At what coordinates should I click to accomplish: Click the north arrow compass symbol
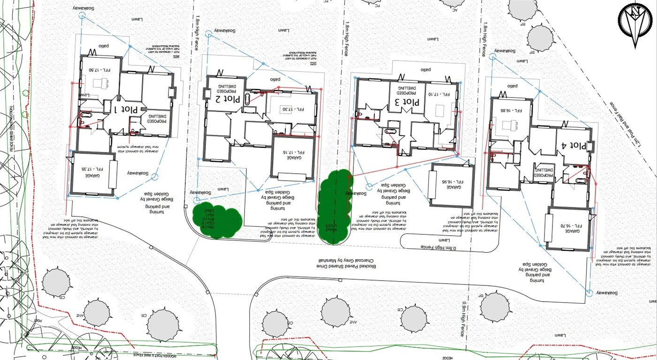(x=635, y=24)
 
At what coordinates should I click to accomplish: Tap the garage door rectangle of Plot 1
(x=113, y=176)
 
